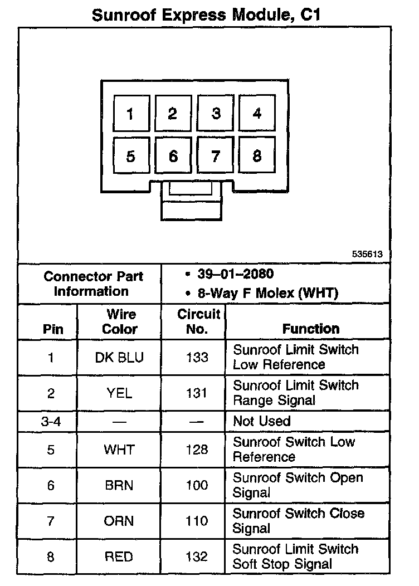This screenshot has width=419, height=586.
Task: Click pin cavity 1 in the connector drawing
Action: pos(130,114)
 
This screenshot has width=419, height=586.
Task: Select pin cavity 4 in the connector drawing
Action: pos(257,114)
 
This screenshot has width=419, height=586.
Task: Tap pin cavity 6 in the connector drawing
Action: pos(173,157)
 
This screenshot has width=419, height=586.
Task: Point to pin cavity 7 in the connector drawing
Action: pos(216,157)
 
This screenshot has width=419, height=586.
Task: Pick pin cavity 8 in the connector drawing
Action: pos(257,156)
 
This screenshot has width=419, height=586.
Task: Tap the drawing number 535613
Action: pos(367,254)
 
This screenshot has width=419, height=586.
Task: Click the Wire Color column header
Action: pos(119,321)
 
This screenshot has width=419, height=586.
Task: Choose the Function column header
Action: pos(310,329)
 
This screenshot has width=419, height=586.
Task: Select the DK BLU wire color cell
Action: pos(119,357)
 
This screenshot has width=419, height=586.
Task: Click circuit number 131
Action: pos(197,393)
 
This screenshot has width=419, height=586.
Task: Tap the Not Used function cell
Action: pos(262,421)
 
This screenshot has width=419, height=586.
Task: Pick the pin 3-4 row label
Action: pos(51,421)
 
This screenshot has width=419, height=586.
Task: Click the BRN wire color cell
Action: pos(119,485)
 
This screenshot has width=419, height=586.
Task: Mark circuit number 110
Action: pos(197,521)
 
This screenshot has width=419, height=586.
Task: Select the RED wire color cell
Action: pos(119,556)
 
